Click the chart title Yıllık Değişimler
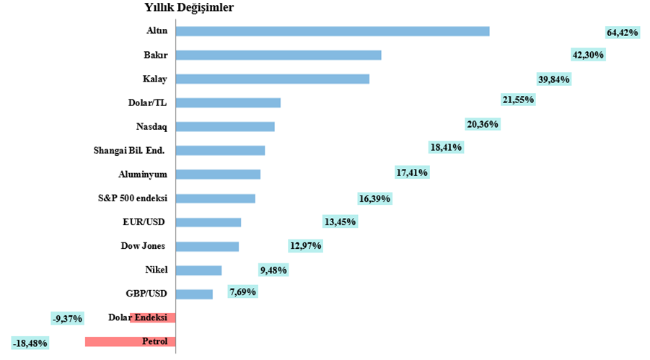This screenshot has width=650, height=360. pyautogui.click(x=189, y=8)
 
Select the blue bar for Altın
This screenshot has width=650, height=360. pyautogui.click(x=333, y=31)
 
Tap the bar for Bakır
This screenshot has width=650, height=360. pyautogui.click(x=278, y=55)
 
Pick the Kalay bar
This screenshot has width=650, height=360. pyautogui.click(x=273, y=79)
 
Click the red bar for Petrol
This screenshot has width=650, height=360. pyautogui.click(x=131, y=342)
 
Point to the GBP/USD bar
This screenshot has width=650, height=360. pyautogui.click(x=195, y=294)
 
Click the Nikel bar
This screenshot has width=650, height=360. pyautogui.click(x=199, y=270)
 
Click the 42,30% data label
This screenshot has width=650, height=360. pyautogui.click(x=588, y=55)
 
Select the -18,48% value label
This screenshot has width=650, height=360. pyautogui.click(x=30, y=343)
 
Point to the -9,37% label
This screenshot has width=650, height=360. pyautogui.click(x=67, y=318)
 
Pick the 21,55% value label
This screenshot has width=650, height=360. pyautogui.click(x=518, y=100)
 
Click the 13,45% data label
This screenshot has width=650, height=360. pyautogui.click(x=340, y=221)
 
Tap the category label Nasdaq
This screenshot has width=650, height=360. pyautogui.click(x=151, y=126)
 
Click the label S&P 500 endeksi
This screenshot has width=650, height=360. pyautogui.click(x=132, y=198)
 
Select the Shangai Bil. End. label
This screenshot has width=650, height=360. pyautogui.click(x=129, y=150)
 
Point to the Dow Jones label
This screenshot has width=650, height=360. pyautogui.click(x=143, y=246)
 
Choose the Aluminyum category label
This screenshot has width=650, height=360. pyautogui.click(x=143, y=174)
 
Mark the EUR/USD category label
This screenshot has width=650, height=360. pyautogui.click(x=145, y=221)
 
